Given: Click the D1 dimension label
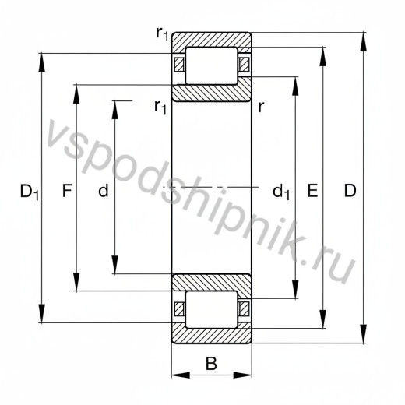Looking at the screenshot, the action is click(x=30, y=192).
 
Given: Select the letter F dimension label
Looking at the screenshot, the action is click(x=67, y=190).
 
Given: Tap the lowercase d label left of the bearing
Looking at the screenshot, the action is click(x=104, y=190).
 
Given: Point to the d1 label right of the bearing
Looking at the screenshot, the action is click(x=281, y=192).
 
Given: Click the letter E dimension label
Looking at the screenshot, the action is click(x=312, y=190).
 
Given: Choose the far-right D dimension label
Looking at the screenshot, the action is click(x=350, y=190).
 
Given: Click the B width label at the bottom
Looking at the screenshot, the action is click(x=211, y=363).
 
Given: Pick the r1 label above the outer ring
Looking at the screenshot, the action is click(x=162, y=33).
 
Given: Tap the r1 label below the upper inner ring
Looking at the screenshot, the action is click(x=160, y=107).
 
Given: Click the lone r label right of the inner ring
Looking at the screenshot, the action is click(x=261, y=107).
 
